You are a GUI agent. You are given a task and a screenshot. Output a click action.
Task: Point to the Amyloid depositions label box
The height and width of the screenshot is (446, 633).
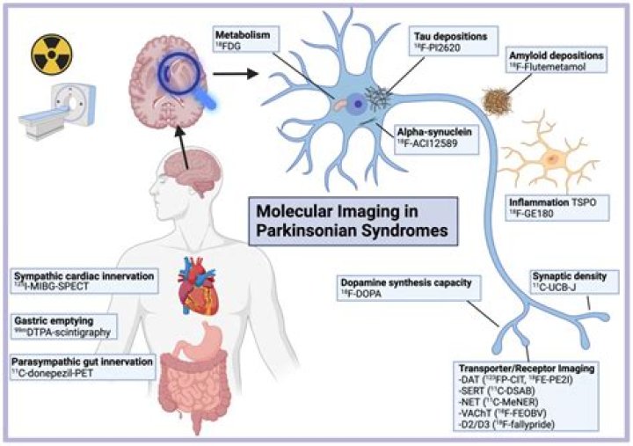click(557, 58)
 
